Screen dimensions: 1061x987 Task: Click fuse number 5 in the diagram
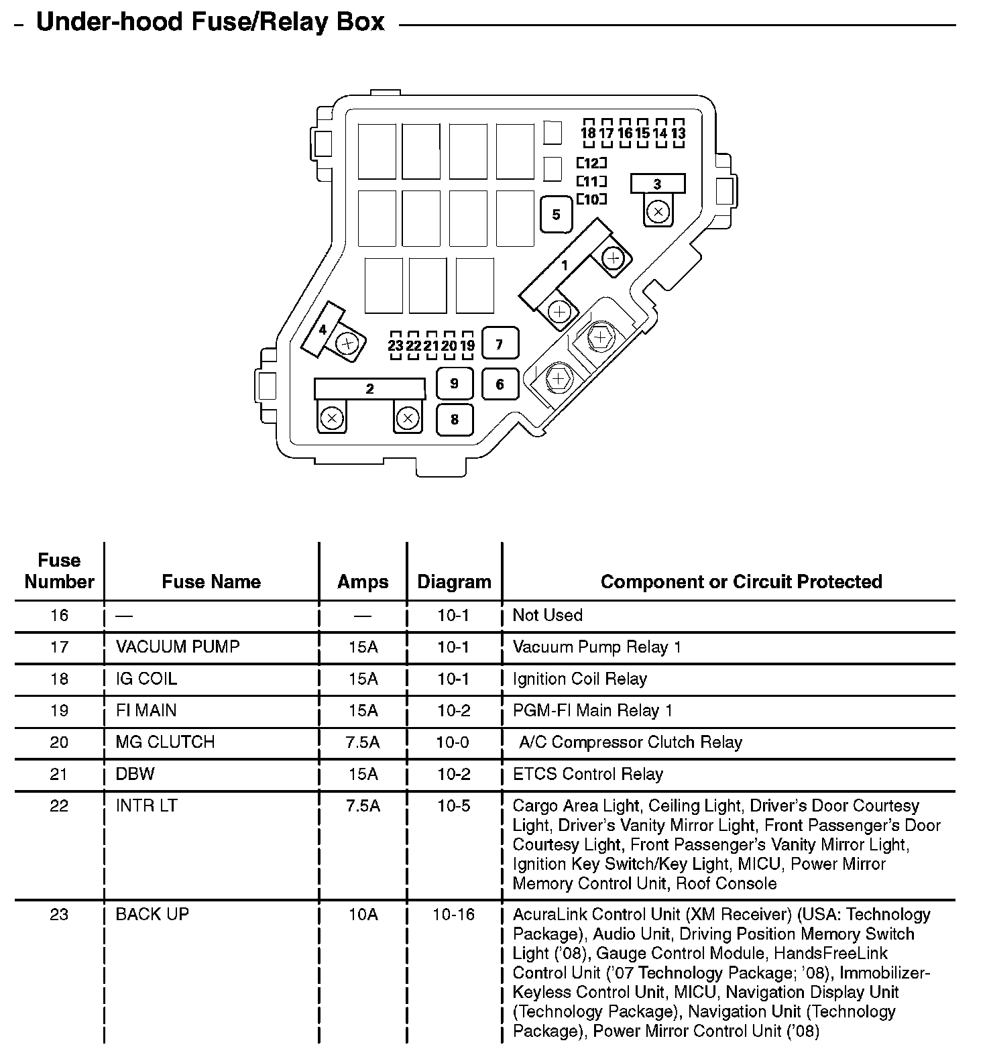556,215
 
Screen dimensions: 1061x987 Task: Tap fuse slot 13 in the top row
678,133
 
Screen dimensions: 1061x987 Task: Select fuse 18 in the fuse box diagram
588,133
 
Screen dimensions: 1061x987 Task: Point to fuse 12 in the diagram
591,163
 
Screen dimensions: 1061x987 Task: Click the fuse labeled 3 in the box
657,184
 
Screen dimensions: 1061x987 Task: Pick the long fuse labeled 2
369,389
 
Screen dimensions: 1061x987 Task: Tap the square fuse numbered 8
455,420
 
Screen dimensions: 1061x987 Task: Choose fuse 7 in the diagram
500,345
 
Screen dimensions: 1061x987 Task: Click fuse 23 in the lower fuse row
395,346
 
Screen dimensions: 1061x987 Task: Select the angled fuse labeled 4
323,329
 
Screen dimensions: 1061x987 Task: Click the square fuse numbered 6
500,384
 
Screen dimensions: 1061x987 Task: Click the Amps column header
363,581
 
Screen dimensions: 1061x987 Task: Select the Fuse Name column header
211,581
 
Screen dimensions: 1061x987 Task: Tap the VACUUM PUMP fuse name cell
178,647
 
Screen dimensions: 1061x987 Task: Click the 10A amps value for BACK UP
363,914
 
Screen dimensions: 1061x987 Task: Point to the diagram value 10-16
454,914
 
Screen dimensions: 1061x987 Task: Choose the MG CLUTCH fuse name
165,742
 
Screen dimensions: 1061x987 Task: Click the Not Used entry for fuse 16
547,615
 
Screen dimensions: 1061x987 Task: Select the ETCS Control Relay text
587,774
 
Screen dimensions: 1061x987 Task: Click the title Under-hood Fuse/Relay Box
210,22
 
